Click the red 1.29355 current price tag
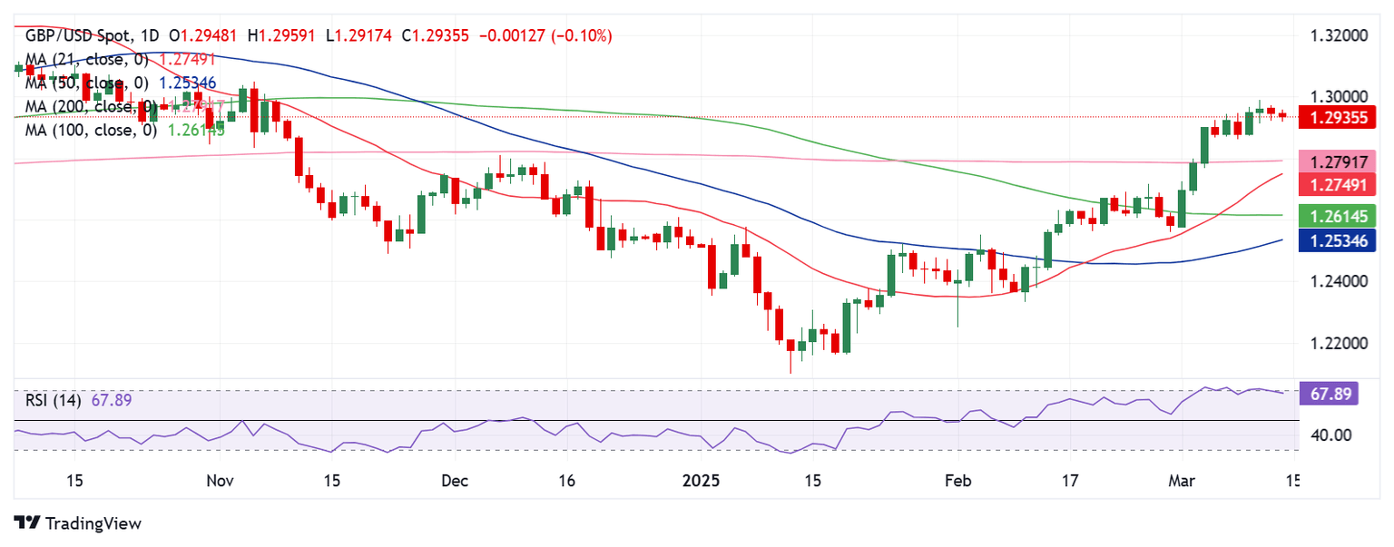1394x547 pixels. pos(1339,117)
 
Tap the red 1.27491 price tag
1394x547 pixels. pos(1339,184)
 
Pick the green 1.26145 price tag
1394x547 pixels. pos(1339,216)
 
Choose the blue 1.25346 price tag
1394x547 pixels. pos(1339,239)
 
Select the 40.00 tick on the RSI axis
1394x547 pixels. pos(1330,435)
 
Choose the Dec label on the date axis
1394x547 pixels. pos(456,480)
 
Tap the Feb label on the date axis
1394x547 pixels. pos(957,480)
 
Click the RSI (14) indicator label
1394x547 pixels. pos(52,400)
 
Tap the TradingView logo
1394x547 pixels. pos(78,523)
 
